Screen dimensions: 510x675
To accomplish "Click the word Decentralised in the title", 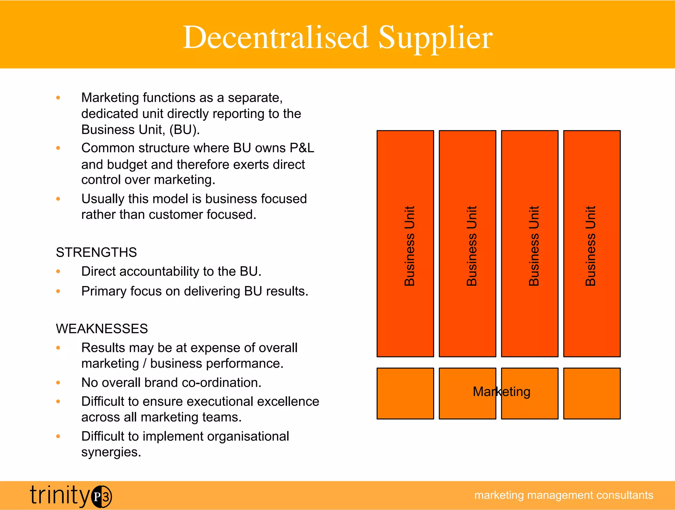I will tap(275, 37).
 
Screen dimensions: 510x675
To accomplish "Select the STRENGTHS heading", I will tap(96, 252).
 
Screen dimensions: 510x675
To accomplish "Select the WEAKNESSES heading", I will tap(102, 329).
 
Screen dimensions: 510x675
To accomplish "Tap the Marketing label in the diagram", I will tap(501, 392).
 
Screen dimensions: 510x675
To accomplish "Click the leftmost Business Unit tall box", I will tap(405, 244).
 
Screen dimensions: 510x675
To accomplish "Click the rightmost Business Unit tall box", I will tap(592, 244).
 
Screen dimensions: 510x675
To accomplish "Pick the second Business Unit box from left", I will tap(467, 244).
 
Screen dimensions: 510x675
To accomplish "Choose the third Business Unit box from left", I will tap(530, 244).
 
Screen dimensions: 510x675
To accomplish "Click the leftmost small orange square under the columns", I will tap(405, 393).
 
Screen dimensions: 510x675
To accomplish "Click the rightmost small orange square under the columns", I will tap(592, 393).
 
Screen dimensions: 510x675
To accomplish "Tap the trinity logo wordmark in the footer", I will tap(59, 495).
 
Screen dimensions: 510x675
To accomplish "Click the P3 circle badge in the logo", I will tap(102, 496).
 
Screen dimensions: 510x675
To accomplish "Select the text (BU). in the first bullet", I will tap(185, 130).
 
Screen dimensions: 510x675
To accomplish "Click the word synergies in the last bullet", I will tap(111, 452).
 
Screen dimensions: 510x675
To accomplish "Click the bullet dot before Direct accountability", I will tap(58, 271).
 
